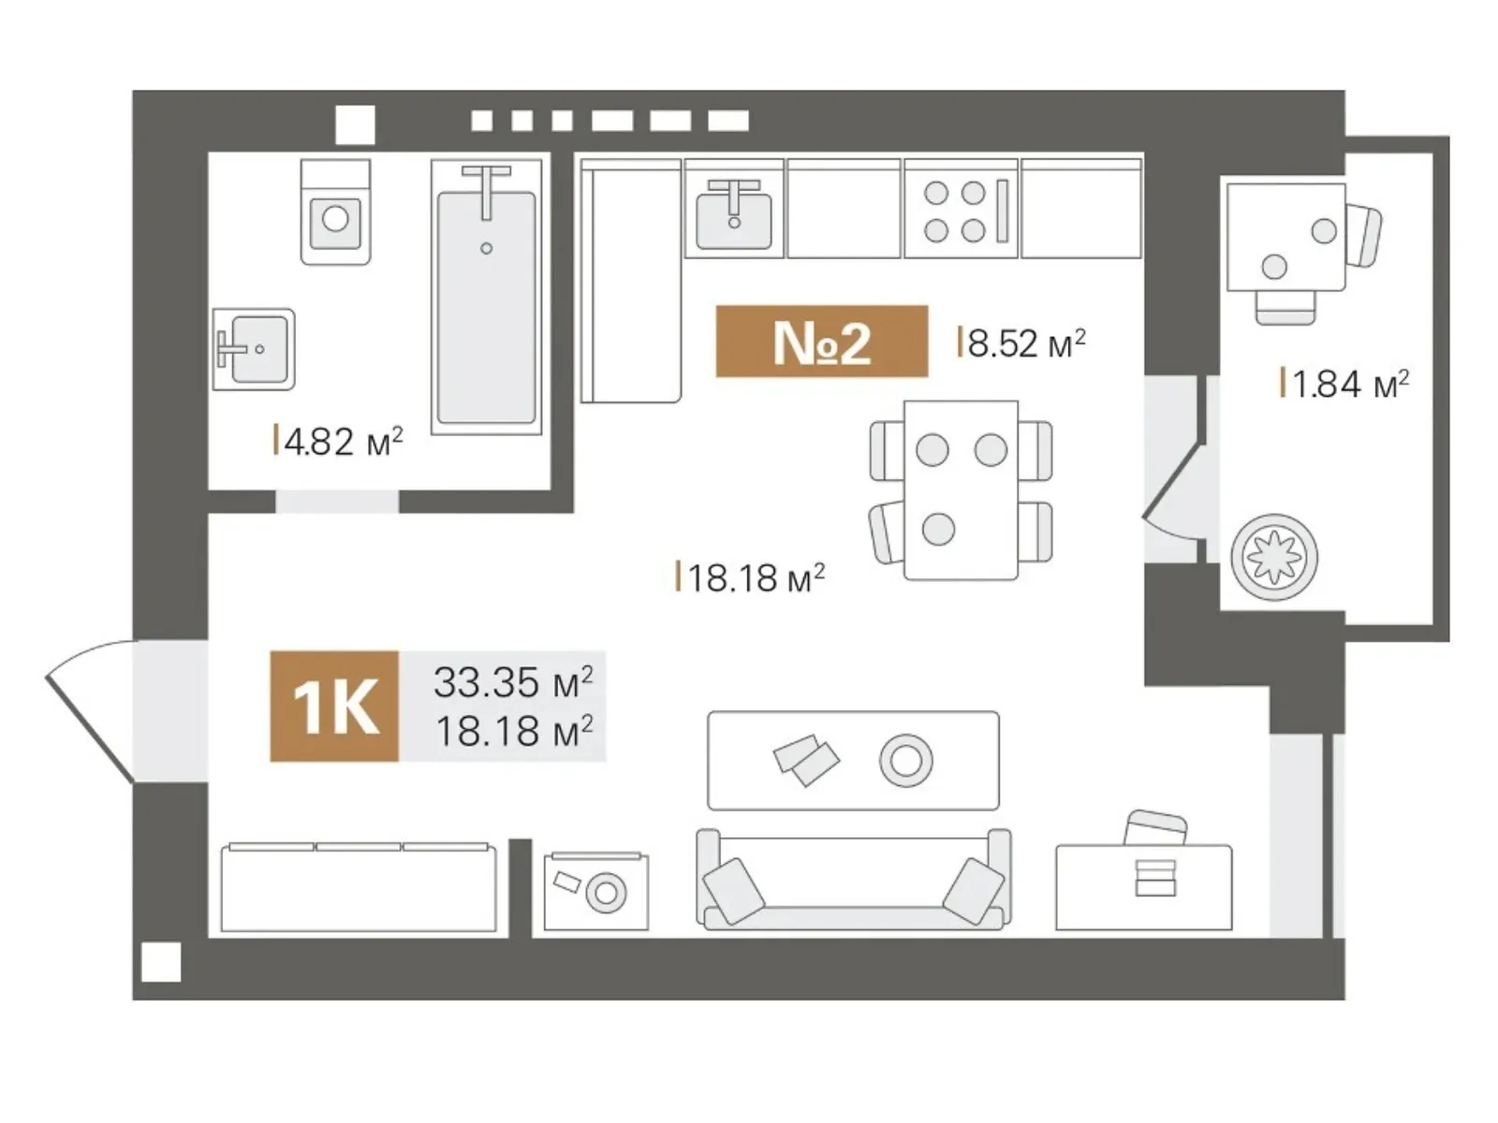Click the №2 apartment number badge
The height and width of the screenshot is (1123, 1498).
pos(821,341)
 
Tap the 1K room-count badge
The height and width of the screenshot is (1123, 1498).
pos(334,706)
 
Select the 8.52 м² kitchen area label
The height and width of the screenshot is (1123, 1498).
pos(1021,343)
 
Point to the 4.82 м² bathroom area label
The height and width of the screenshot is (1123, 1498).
pos(339,441)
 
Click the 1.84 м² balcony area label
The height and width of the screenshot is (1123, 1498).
pos(1344,383)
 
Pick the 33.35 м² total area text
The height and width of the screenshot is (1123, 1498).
pos(513,682)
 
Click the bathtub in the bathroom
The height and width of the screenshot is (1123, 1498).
pos(486,298)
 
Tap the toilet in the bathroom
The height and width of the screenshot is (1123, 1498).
pos(336,212)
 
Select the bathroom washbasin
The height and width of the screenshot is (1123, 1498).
pos(253,349)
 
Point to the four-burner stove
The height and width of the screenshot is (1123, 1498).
pos(961,210)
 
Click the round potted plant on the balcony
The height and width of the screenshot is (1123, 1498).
pos(1274,557)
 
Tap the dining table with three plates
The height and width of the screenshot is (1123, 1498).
pos(961,490)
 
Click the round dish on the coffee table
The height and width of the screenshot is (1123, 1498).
pos(905,760)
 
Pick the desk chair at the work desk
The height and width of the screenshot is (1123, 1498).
pos(1155,828)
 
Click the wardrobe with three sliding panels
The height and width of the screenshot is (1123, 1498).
pos(359,886)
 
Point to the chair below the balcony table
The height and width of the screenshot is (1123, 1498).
pos(1285,307)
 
